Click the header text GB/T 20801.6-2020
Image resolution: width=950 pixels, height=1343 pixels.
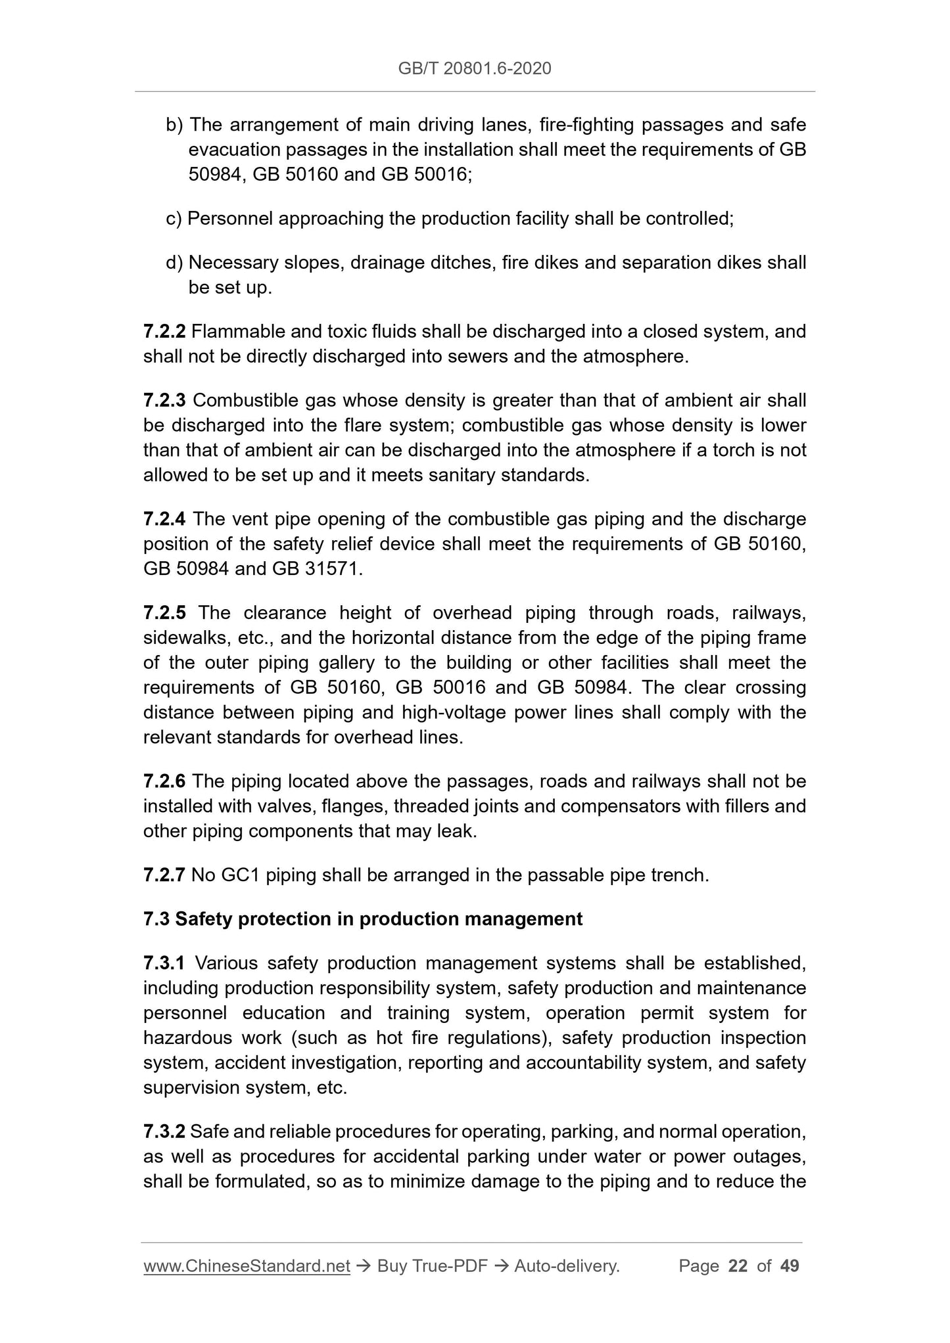click(475, 68)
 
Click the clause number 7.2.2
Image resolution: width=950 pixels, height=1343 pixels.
click(164, 331)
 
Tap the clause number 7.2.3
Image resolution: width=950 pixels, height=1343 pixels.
click(164, 400)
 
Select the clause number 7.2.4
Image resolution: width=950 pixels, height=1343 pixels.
click(164, 519)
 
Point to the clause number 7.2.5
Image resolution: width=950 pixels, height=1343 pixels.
click(164, 613)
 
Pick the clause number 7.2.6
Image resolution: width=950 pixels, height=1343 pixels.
click(164, 781)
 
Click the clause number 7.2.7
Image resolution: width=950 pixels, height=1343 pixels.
click(164, 875)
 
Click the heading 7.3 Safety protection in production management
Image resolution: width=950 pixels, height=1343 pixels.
click(362, 919)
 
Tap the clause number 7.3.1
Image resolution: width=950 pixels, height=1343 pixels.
click(164, 963)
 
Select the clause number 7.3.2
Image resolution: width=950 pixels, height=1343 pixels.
click(164, 1131)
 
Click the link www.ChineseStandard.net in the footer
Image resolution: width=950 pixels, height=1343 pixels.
click(247, 1266)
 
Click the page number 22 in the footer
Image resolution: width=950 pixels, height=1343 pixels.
click(738, 1266)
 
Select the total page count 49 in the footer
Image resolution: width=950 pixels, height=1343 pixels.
click(789, 1266)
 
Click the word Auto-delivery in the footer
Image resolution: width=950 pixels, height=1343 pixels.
click(566, 1266)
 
